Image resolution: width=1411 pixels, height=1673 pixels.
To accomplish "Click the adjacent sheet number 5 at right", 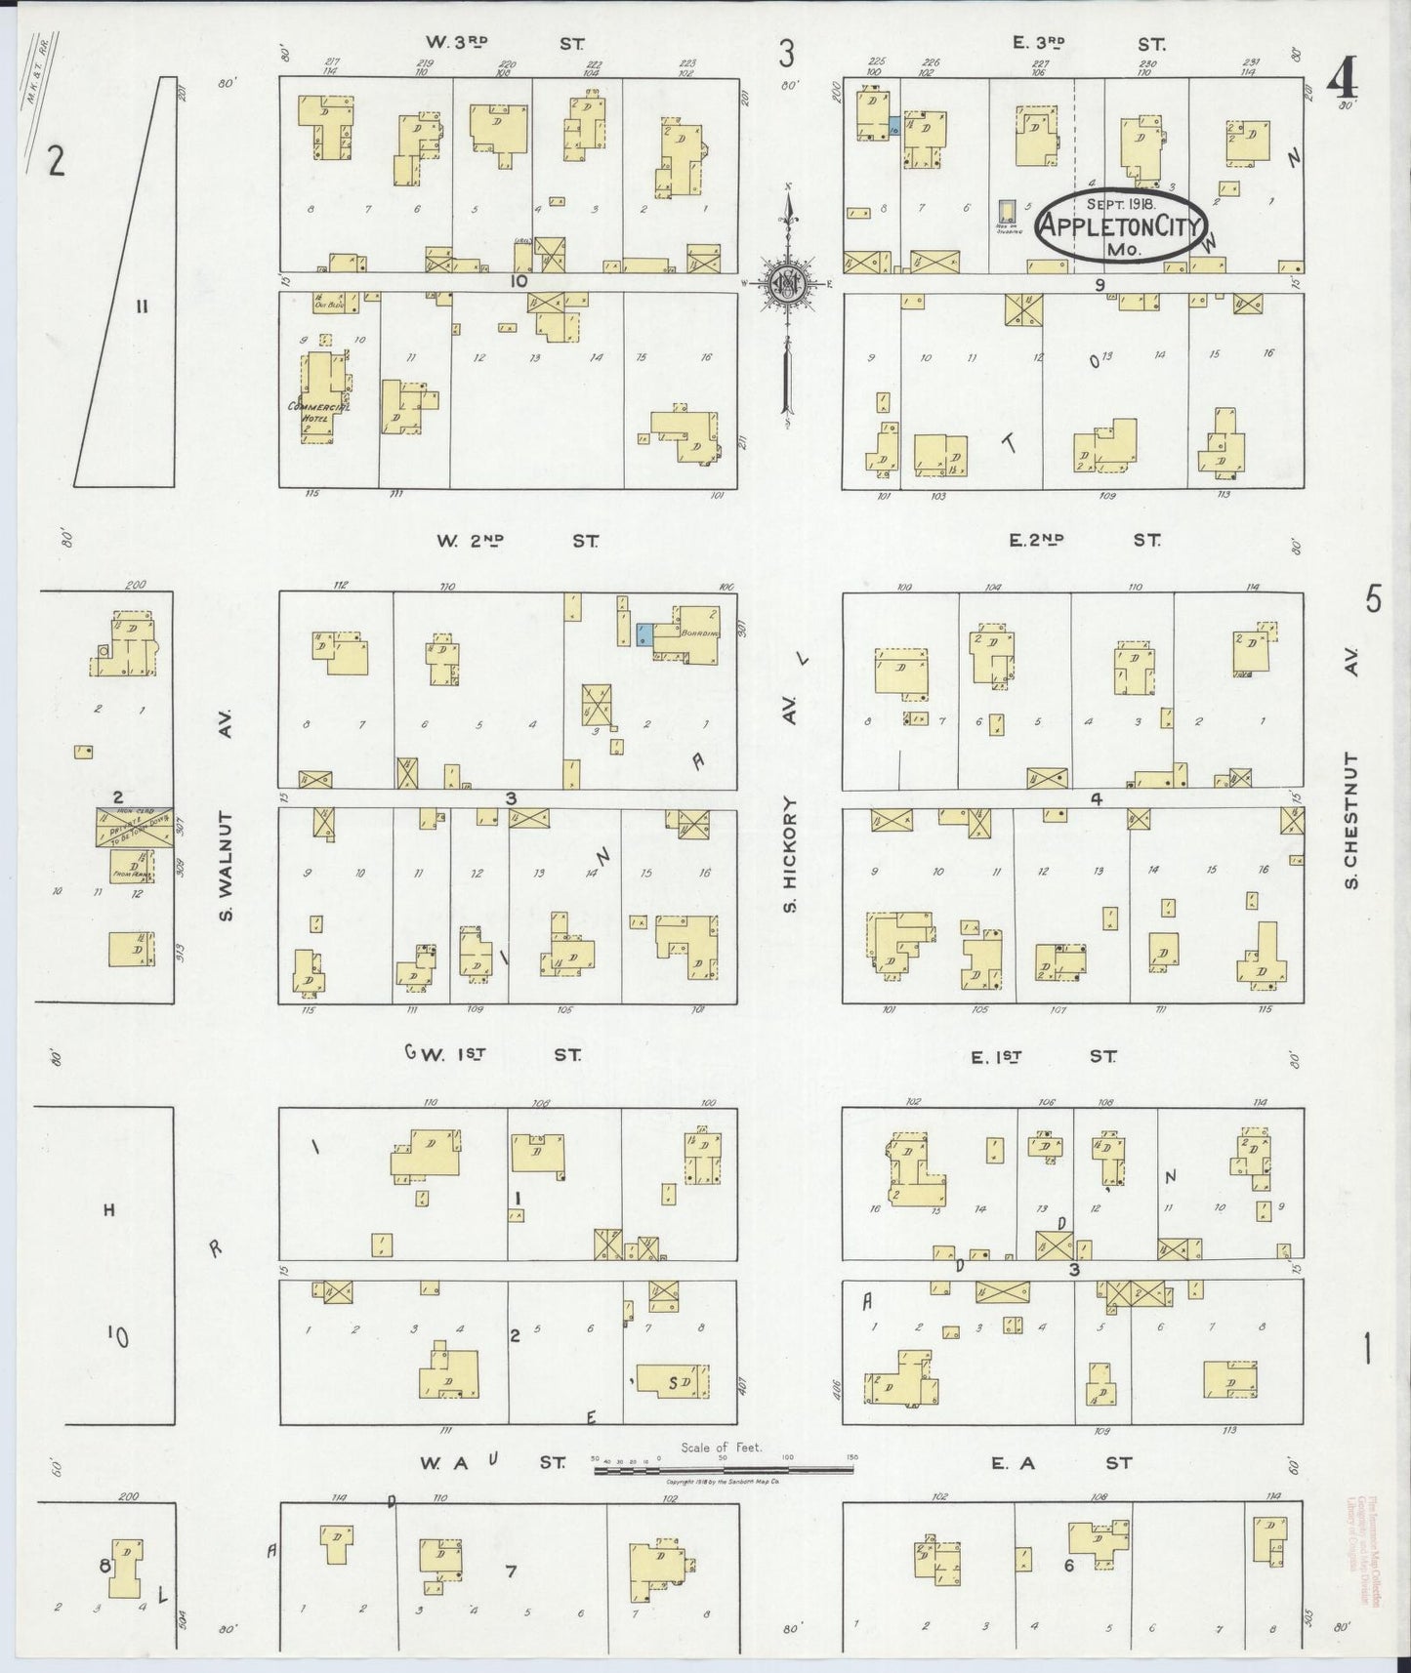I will coord(1373,598).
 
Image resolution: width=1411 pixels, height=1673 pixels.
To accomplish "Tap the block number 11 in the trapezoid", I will coord(142,306).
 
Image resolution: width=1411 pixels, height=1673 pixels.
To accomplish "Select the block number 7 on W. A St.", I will coord(510,1570).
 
